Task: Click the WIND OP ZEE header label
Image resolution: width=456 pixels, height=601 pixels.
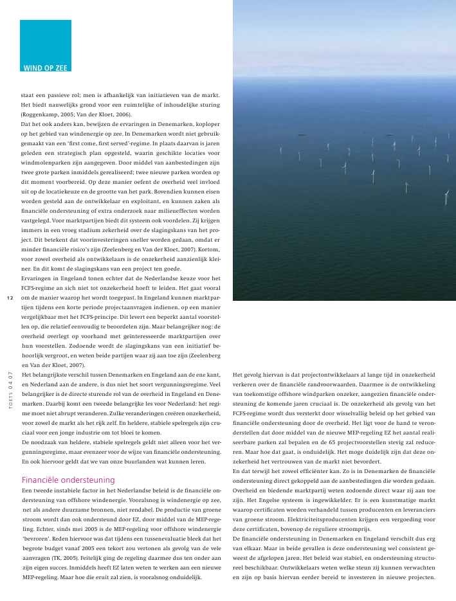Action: point(46,67)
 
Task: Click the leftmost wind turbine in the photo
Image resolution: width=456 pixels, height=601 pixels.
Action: point(280,152)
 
